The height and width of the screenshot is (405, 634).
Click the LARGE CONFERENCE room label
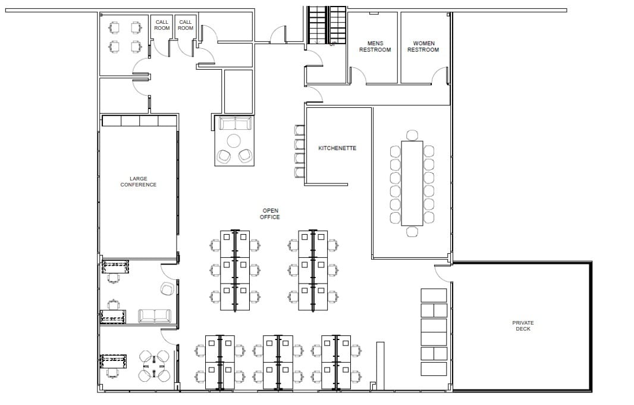[x=138, y=182]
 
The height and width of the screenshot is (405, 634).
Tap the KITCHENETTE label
[x=337, y=148]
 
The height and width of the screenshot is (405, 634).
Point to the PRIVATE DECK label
[x=523, y=326]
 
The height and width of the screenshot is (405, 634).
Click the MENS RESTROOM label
[x=375, y=46]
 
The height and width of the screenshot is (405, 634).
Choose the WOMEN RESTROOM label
[x=423, y=46]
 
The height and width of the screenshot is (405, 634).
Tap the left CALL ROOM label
[x=162, y=25]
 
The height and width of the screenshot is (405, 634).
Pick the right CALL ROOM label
[x=186, y=25]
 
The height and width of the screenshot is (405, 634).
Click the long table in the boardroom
[x=412, y=183]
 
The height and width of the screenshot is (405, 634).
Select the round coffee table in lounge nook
[x=234, y=141]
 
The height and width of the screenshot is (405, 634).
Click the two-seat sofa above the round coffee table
[x=235, y=124]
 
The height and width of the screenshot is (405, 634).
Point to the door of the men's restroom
[x=358, y=74]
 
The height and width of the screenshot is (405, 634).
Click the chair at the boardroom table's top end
[x=412, y=135]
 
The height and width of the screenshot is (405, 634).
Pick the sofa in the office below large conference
[x=155, y=316]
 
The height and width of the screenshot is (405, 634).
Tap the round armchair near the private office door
[x=167, y=289]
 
